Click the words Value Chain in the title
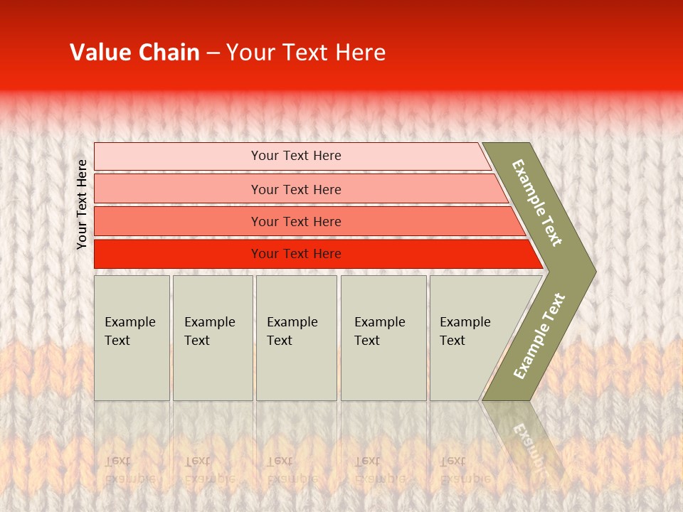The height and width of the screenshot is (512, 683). click(134, 53)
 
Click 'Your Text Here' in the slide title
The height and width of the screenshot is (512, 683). click(306, 53)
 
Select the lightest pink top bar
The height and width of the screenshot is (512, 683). click(178, 156)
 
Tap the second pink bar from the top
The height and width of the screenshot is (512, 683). click(178, 189)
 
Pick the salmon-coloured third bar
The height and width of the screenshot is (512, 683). click(178, 221)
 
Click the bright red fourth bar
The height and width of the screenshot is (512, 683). click(178, 254)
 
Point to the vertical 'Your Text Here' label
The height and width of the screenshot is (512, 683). click(82, 204)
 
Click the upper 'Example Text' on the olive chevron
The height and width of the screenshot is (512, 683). click(537, 203)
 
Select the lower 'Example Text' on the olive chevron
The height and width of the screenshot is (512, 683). click(539, 336)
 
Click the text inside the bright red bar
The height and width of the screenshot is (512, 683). click(296, 254)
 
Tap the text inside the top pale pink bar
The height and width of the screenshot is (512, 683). click(296, 156)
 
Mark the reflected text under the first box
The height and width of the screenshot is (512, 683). click(129, 469)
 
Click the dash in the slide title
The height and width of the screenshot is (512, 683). click(213, 53)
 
